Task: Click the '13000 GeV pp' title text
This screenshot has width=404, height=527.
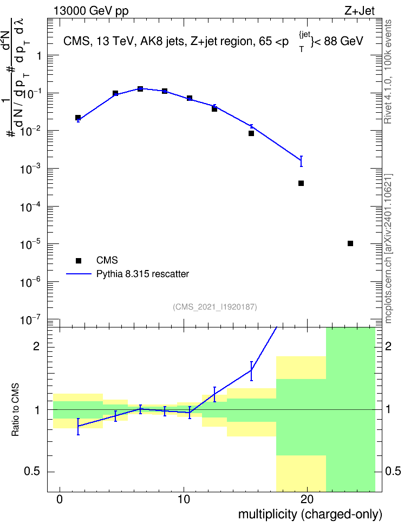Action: [x=91, y=11]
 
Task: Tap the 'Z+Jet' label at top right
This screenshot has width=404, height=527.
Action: [x=360, y=11]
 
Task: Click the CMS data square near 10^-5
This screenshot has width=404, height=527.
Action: [x=350, y=243]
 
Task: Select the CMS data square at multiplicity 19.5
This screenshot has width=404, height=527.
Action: [x=301, y=183]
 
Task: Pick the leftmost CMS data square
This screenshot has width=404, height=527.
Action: [x=78, y=118]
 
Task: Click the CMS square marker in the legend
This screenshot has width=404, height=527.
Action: [x=79, y=260]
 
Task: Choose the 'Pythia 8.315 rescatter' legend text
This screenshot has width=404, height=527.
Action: [x=143, y=274]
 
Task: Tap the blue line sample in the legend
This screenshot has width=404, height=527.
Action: [x=79, y=274]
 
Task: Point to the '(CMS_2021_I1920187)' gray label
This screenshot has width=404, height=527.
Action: [x=215, y=306]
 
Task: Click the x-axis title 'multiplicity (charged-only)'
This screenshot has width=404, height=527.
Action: [x=310, y=514]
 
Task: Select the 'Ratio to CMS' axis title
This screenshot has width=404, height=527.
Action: [x=16, y=410]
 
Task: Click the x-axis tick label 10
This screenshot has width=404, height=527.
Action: [x=184, y=499]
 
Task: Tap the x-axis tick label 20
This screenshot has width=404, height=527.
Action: [x=307, y=499]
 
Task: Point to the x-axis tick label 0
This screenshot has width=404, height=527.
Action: [x=60, y=499]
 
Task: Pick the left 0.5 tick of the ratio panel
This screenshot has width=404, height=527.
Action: [x=32, y=472]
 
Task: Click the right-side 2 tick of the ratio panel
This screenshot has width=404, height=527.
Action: [x=388, y=346]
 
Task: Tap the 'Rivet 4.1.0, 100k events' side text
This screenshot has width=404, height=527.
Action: [x=388, y=72]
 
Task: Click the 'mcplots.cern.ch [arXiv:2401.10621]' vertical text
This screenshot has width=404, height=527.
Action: [x=388, y=248]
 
